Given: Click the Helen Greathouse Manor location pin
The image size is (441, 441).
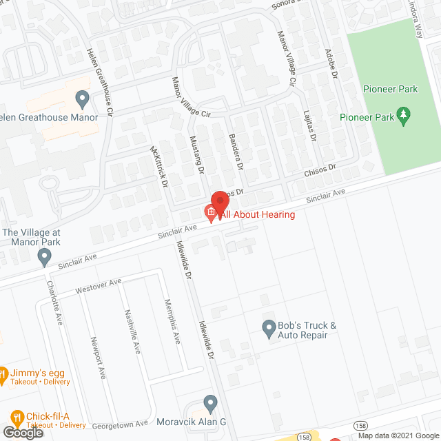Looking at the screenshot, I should [83, 99].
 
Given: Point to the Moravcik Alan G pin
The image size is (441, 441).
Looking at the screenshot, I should [211, 402].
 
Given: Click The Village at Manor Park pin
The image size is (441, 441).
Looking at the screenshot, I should [45, 257].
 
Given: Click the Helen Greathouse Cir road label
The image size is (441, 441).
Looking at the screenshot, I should [101, 81].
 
